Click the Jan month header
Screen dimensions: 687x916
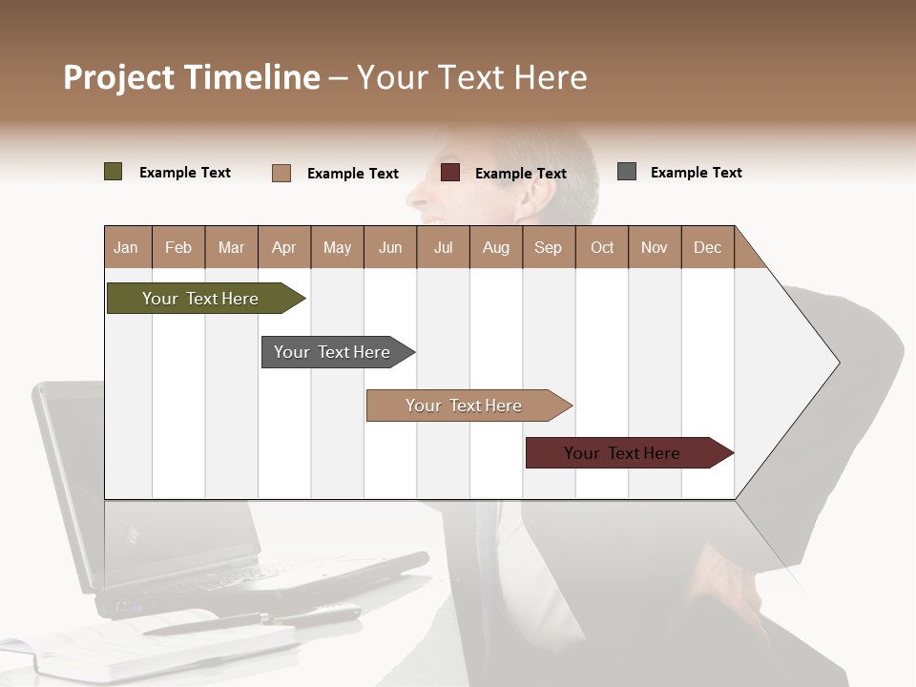(x=126, y=247)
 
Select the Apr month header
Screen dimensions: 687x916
(x=283, y=247)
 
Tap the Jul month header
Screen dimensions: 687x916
(x=443, y=247)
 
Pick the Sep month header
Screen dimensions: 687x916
(x=548, y=247)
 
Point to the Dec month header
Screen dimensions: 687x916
(x=707, y=247)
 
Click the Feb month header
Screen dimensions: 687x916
(x=178, y=247)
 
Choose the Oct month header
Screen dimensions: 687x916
(x=602, y=247)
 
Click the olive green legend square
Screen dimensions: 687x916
(x=114, y=172)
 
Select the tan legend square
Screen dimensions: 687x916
(x=281, y=173)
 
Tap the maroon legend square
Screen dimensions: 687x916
(x=450, y=173)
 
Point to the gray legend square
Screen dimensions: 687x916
(x=627, y=172)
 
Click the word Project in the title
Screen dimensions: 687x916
(x=119, y=77)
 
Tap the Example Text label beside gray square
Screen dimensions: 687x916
(x=696, y=173)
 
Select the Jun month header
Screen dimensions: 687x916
(x=389, y=247)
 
